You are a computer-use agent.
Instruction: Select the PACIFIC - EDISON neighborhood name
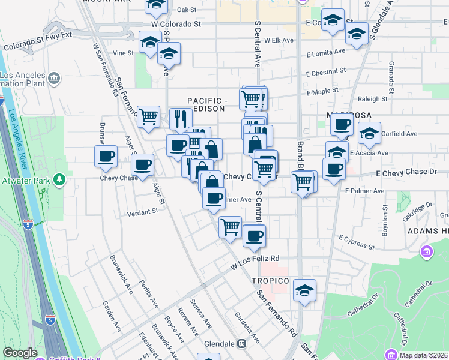(x=206, y=104)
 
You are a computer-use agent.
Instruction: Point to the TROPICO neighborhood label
(x=270, y=281)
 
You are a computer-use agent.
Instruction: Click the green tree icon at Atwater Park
(x=59, y=179)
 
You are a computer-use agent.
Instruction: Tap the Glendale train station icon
(x=242, y=344)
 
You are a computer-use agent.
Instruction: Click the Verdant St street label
(x=142, y=211)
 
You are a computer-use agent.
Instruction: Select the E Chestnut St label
(x=325, y=72)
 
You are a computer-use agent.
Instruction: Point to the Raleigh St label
(x=373, y=99)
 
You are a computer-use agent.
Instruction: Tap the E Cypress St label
(x=356, y=242)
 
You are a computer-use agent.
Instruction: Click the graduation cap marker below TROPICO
(x=304, y=292)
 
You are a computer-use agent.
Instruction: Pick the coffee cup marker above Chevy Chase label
(x=106, y=157)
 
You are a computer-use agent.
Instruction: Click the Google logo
(x=20, y=353)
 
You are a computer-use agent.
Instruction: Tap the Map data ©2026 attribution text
(x=423, y=355)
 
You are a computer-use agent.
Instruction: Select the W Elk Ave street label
(x=279, y=40)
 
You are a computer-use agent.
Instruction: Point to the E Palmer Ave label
(x=364, y=191)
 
